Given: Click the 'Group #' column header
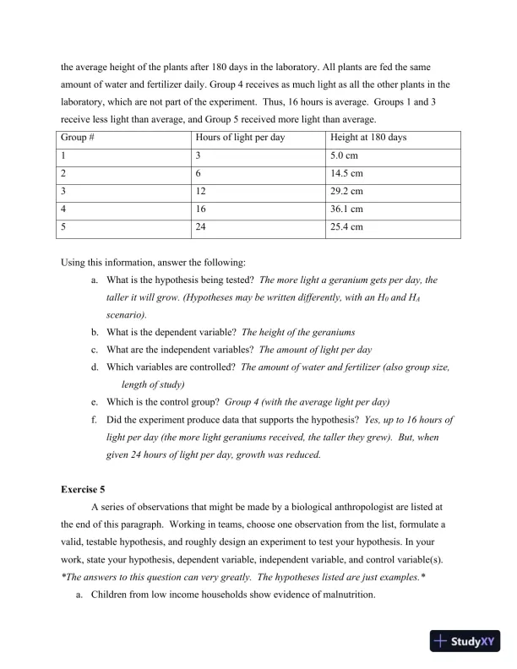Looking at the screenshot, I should (x=79, y=138).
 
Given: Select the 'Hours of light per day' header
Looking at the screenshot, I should (x=240, y=138).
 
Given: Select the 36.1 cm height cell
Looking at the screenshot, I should (x=346, y=209).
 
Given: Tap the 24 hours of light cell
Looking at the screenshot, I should (x=201, y=226).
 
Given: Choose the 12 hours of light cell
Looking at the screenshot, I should (x=201, y=191).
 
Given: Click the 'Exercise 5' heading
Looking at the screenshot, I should (x=88, y=489).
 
